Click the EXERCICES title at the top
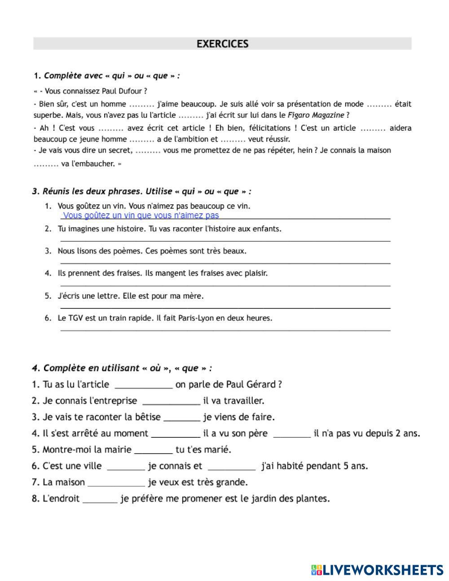click(x=222, y=44)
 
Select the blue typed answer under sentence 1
click(x=141, y=216)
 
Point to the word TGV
click(x=75, y=318)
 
